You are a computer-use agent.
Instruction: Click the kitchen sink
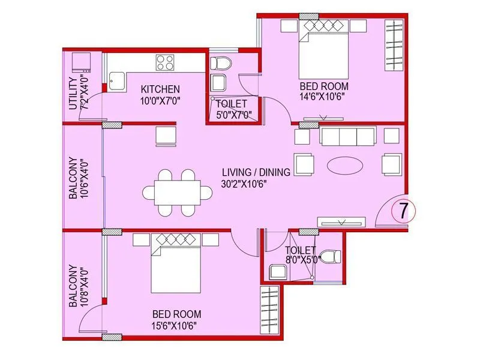pyautogui.click(x=116, y=82)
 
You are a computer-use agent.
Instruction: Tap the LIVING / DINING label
pyautogui.click(x=256, y=172)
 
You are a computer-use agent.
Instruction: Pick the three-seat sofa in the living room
pyautogui.click(x=348, y=136)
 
